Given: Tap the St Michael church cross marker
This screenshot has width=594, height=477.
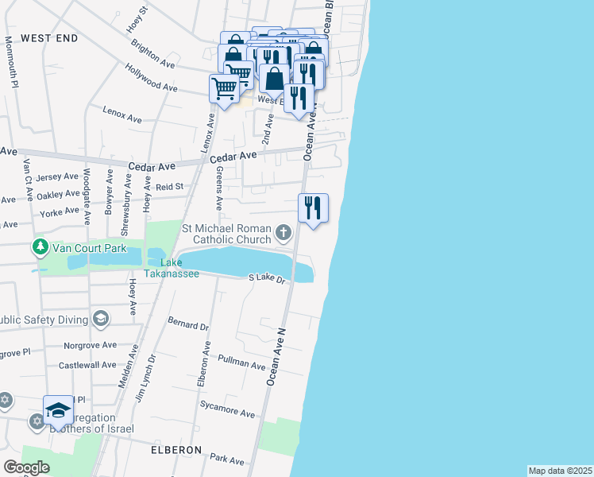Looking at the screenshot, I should (283, 233).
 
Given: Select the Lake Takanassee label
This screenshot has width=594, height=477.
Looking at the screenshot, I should (165, 268).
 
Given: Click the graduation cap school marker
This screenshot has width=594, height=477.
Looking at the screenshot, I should (58, 410).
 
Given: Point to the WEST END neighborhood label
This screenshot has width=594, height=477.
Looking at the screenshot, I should (49, 38).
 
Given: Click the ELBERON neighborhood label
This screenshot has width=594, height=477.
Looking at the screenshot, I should (176, 450).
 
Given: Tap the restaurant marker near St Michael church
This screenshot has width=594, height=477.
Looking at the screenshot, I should (313, 208).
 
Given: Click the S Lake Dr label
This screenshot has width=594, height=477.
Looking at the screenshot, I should (266, 278).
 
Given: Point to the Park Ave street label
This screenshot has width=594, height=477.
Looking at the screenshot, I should (228, 459).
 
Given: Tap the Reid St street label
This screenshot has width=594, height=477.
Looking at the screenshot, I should (169, 187).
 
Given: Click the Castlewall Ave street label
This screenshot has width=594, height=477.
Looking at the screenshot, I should (87, 365).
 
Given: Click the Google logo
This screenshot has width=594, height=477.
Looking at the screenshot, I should (26, 467).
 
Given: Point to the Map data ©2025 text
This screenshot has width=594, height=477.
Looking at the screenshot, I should (559, 471).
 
